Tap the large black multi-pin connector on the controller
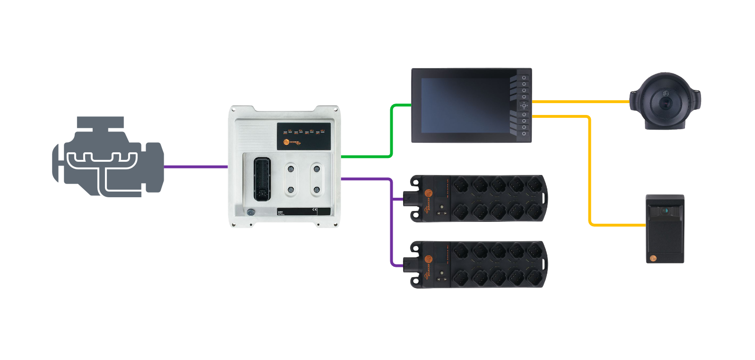click(263, 179)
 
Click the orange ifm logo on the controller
click(286, 142)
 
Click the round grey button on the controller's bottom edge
click(251, 212)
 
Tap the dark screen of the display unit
click(464, 105)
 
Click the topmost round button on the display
click(524, 78)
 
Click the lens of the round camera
click(666, 102)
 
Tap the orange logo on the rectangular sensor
click(653, 258)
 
